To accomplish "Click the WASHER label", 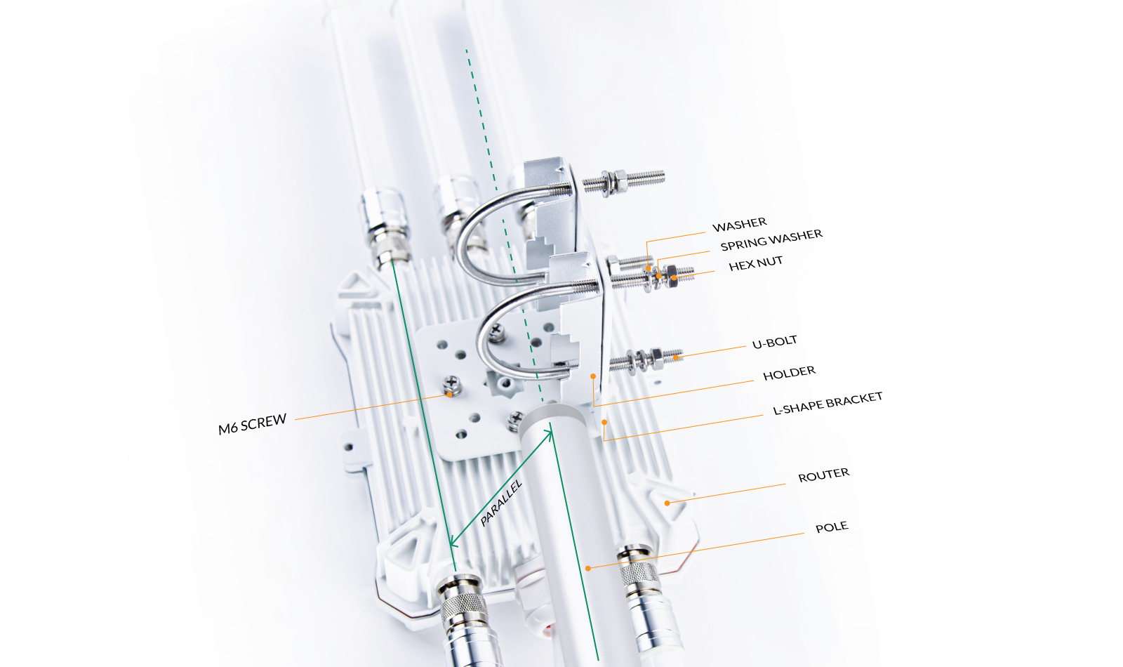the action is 740,225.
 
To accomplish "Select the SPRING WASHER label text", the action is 771,240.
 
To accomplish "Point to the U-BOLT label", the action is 775,342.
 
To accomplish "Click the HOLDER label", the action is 789,373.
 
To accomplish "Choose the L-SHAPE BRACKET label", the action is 828,403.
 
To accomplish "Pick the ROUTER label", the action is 824,475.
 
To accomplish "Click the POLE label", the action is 832,527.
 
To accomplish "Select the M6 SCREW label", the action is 252,424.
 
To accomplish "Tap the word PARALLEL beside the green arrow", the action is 501,503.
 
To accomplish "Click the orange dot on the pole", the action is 588,568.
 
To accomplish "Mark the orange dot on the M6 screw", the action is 450,395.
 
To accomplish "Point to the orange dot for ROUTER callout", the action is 667,503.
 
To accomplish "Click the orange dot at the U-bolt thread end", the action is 676,357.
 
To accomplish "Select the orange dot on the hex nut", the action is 675,277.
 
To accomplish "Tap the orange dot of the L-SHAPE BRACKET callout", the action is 604,422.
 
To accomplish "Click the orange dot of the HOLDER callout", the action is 593,376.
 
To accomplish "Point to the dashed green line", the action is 504,225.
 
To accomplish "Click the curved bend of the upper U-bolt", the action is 464,236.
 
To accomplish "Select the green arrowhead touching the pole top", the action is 550,435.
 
